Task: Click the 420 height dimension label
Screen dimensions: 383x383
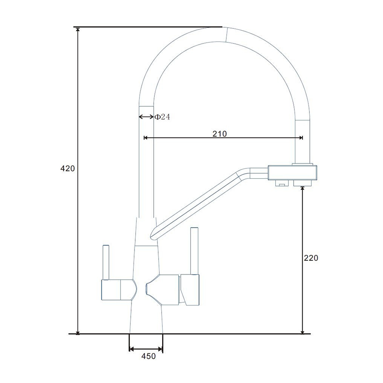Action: coord(67,168)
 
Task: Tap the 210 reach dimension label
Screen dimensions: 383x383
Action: coord(220,134)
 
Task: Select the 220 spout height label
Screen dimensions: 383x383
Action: coord(311,258)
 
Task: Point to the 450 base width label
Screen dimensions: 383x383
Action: coord(149,356)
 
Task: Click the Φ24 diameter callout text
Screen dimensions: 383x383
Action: coord(162,117)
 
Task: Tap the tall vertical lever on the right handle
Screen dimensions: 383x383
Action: coord(194,251)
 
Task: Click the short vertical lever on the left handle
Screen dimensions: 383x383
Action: coord(106,262)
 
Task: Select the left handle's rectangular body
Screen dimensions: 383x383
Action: coord(111,290)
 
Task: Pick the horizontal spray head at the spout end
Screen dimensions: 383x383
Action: coord(293,173)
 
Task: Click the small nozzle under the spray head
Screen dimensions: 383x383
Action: coord(282,183)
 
